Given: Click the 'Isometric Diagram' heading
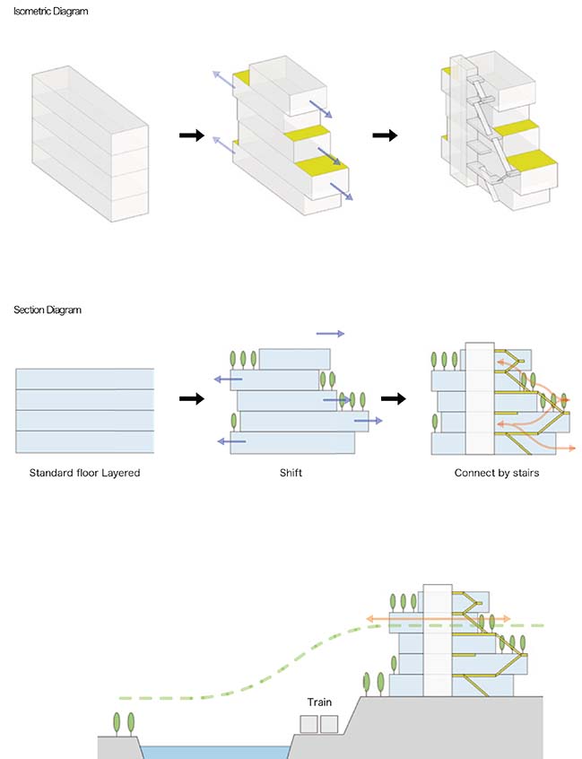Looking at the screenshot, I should click(x=44, y=12).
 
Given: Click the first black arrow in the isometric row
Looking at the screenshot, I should click(x=191, y=135).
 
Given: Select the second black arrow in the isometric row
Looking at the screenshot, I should click(x=385, y=135).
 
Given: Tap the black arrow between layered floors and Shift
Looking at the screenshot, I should click(x=191, y=398).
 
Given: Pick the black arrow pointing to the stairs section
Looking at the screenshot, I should click(x=392, y=398).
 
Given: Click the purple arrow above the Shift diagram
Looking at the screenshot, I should click(x=329, y=333).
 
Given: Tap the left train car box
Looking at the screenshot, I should click(x=309, y=724).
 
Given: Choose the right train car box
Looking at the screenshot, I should click(x=329, y=724).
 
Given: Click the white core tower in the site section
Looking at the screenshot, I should click(x=436, y=641).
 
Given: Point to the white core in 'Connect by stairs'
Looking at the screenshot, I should click(x=481, y=399).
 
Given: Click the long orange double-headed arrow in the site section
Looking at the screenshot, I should click(x=439, y=619).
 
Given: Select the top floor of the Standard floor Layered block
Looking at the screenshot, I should click(x=84, y=378).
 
